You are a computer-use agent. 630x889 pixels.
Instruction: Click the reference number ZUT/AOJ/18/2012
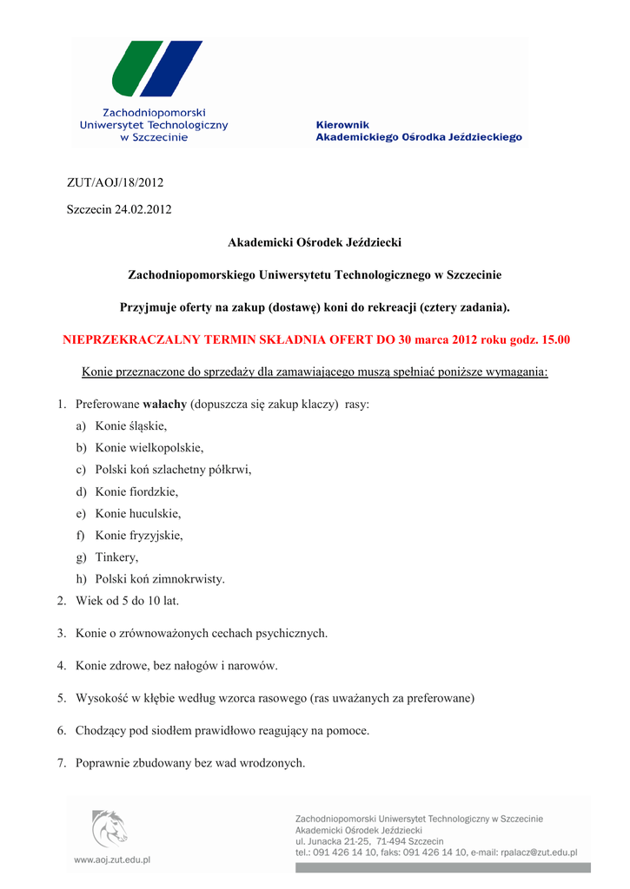coord(116,182)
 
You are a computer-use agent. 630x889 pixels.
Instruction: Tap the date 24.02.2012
coord(143,210)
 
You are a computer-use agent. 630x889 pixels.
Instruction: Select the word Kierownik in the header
coord(342,125)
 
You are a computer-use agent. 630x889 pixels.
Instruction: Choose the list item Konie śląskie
coord(131,426)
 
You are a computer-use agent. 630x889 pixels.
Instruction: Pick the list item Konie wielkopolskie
coord(149,448)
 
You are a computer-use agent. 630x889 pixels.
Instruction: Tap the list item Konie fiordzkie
coord(136,491)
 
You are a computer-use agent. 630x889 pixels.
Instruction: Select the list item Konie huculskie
coord(138,513)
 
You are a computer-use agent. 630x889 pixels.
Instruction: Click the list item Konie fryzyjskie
coord(139,535)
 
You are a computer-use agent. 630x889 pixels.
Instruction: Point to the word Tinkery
coord(117,557)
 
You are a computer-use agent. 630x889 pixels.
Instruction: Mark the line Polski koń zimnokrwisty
coord(160,579)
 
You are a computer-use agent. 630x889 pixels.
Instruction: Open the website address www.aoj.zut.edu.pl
coord(112,859)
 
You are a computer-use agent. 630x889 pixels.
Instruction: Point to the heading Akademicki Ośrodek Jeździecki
coord(315,242)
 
